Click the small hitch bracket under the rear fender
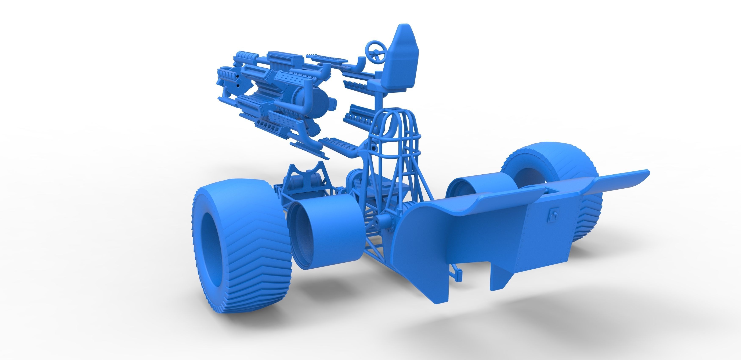457,274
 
